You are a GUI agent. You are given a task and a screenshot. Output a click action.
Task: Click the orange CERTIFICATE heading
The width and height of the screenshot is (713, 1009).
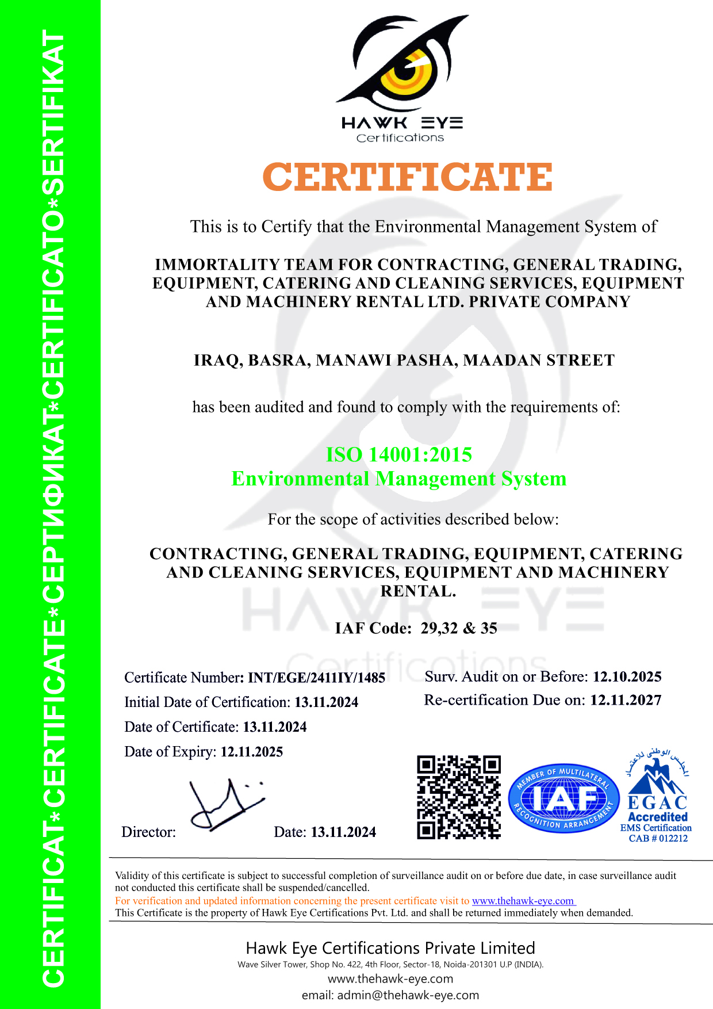point(407,177)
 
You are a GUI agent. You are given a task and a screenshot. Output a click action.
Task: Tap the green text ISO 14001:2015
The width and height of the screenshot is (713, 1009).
point(399,455)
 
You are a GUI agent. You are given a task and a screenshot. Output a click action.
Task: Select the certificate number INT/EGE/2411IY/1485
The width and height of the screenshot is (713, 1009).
point(316,678)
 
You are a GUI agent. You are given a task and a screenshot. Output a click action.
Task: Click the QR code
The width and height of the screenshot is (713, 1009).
point(459,797)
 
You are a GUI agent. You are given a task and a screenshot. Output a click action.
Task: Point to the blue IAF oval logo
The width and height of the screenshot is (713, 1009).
point(563,799)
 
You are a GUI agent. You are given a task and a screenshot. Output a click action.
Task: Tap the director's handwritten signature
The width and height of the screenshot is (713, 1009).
point(224,805)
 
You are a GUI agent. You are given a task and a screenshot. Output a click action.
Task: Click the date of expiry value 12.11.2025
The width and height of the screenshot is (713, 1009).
point(252,752)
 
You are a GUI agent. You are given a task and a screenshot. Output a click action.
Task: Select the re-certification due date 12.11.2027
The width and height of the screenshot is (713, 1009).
point(626,700)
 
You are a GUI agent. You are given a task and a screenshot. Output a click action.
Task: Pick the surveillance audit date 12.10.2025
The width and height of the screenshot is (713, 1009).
point(627,677)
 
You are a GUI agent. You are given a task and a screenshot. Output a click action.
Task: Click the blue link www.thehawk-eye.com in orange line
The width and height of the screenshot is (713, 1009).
point(523,901)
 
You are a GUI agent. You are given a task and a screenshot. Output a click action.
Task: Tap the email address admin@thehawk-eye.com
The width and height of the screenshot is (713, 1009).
point(408,995)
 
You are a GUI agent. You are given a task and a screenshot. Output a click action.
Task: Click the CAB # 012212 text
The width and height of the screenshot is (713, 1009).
point(658,839)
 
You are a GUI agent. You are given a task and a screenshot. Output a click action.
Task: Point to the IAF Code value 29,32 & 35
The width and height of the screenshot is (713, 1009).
point(459,628)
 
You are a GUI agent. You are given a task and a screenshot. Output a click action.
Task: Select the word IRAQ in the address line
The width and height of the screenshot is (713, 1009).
point(216,361)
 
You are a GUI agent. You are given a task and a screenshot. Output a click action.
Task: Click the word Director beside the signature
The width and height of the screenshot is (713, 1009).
point(148,832)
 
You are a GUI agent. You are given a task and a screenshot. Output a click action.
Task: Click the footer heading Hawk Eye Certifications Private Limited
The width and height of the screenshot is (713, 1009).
point(390,948)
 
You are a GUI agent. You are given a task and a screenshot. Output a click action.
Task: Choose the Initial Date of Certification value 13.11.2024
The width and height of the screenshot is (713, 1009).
point(326,702)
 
